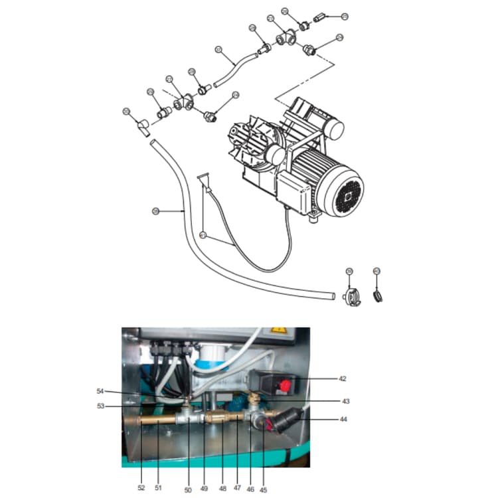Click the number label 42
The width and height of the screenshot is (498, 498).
[342, 379]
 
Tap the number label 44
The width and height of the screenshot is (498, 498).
[343, 419]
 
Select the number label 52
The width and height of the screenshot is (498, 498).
[141, 487]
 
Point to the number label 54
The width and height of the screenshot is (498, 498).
[100, 391]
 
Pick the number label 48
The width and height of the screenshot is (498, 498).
[222, 488]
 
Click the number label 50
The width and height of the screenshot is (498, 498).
[188, 490]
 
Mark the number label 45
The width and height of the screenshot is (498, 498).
[264, 490]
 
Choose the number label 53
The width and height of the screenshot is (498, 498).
[100, 406]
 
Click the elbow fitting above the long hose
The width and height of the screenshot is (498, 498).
[140, 125]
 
